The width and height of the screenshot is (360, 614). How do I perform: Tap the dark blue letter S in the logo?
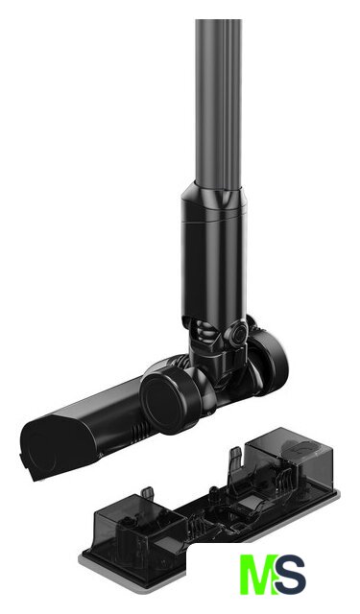point(289,574)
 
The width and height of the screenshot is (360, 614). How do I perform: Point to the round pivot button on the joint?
point(237,334)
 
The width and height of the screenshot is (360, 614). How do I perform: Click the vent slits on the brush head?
point(138,432)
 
